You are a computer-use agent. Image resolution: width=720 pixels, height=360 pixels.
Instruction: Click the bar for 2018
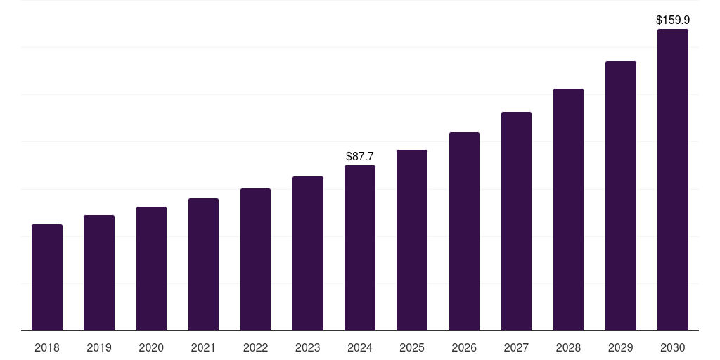[47, 278]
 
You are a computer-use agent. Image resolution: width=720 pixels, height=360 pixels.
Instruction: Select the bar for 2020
[151, 269]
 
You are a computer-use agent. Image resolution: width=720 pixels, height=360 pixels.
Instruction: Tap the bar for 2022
[255, 259]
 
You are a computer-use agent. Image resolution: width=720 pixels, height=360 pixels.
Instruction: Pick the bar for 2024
[360, 248]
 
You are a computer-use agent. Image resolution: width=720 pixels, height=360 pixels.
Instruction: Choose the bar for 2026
[464, 231]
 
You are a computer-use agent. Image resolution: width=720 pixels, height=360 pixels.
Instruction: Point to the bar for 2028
[568, 210]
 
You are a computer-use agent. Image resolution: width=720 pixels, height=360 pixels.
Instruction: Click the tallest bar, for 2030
[673, 180]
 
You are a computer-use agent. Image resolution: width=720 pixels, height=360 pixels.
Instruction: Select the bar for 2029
[621, 196]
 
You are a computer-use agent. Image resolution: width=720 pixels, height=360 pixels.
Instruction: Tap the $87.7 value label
[360, 156]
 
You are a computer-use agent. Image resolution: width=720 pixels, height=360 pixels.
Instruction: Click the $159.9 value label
[673, 20]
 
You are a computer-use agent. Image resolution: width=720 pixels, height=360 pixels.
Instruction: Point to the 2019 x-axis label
[99, 347]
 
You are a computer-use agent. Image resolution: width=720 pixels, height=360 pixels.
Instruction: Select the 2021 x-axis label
[203, 347]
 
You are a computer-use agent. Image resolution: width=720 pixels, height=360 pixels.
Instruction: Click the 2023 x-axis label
[308, 347]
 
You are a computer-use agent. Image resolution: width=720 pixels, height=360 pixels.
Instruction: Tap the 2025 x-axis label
[412, 347]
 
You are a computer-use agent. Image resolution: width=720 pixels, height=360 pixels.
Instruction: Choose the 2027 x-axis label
[516, 347]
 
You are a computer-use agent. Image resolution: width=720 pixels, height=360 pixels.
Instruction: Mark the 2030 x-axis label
[673, 347]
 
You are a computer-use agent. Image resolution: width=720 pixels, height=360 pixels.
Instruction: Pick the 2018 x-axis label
[47, 347]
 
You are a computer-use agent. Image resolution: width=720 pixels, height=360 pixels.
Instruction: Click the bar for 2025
[412, 240]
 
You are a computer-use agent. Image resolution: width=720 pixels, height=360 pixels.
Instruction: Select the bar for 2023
[308, 254]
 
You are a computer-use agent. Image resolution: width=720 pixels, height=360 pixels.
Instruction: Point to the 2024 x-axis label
[360, 347]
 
